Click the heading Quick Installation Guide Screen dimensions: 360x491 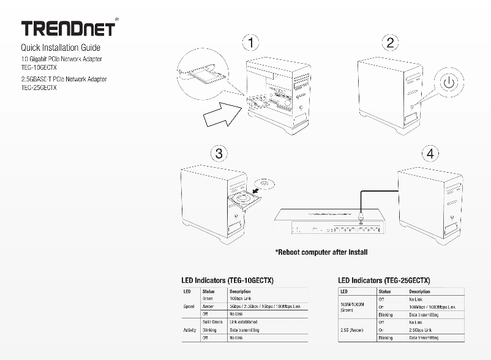tap(61, 48)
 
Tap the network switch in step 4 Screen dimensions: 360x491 tap(328, 223)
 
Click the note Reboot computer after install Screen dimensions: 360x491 tap(321, 252)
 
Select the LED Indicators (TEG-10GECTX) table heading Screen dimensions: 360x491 tap(225, 280)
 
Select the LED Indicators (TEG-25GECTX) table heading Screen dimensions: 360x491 tap(384, 280)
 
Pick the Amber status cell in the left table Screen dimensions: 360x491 tap(208, 306)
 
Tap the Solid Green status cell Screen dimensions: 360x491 tap(212, 322)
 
